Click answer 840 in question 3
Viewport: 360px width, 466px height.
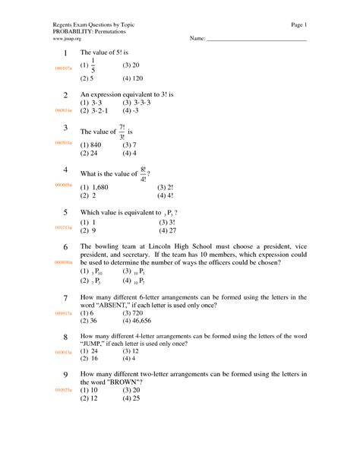(x=95, y=144)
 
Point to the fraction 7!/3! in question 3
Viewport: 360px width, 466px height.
(x=121, y=131)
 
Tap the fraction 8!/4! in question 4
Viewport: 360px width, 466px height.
(x=141, y=173)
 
